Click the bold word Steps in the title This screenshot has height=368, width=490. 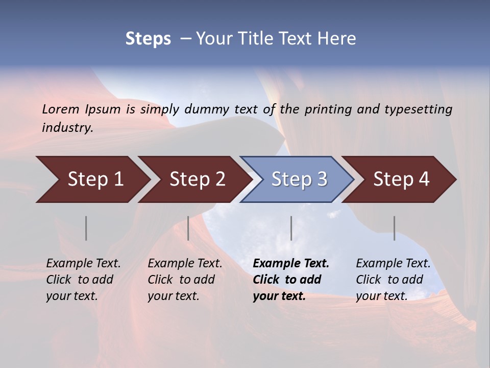148,39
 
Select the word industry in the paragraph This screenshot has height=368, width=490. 67,128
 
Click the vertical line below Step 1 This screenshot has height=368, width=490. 86,228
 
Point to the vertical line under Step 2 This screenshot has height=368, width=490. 188,228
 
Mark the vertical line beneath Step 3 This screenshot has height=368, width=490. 291,228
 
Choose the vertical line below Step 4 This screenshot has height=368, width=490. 394,228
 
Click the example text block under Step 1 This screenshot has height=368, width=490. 83,280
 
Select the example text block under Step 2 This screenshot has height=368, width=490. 185,280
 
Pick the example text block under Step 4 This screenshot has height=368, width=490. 393,280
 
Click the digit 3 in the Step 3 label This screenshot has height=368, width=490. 321,179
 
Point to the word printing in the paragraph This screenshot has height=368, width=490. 327,109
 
